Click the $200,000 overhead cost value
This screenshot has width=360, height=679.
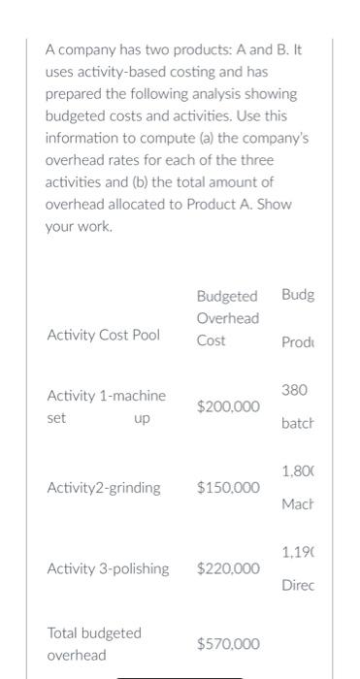(x=228, y=406)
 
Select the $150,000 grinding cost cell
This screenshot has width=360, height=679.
(x=228, y=488)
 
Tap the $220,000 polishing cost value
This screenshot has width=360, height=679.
(x=228, y=568)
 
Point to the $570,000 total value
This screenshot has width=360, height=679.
(x=228, y=643)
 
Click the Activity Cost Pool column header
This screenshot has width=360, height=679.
(x=104, y=335)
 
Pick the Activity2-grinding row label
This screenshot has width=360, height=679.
(x=104, y=488)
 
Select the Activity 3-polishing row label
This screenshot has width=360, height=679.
(x=108, y=568)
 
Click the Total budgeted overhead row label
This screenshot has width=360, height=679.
(x=94, y=643)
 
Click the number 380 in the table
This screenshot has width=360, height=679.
(x=294, y=389)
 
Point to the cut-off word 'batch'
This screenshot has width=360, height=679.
(x=297, y=424)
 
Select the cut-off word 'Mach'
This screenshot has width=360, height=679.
(x=297, y=504)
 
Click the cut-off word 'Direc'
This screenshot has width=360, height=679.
(x=297, y=586)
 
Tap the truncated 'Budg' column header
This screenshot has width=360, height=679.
(x=298, y=295)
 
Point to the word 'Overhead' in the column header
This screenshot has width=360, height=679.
(x=228, y=318)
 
